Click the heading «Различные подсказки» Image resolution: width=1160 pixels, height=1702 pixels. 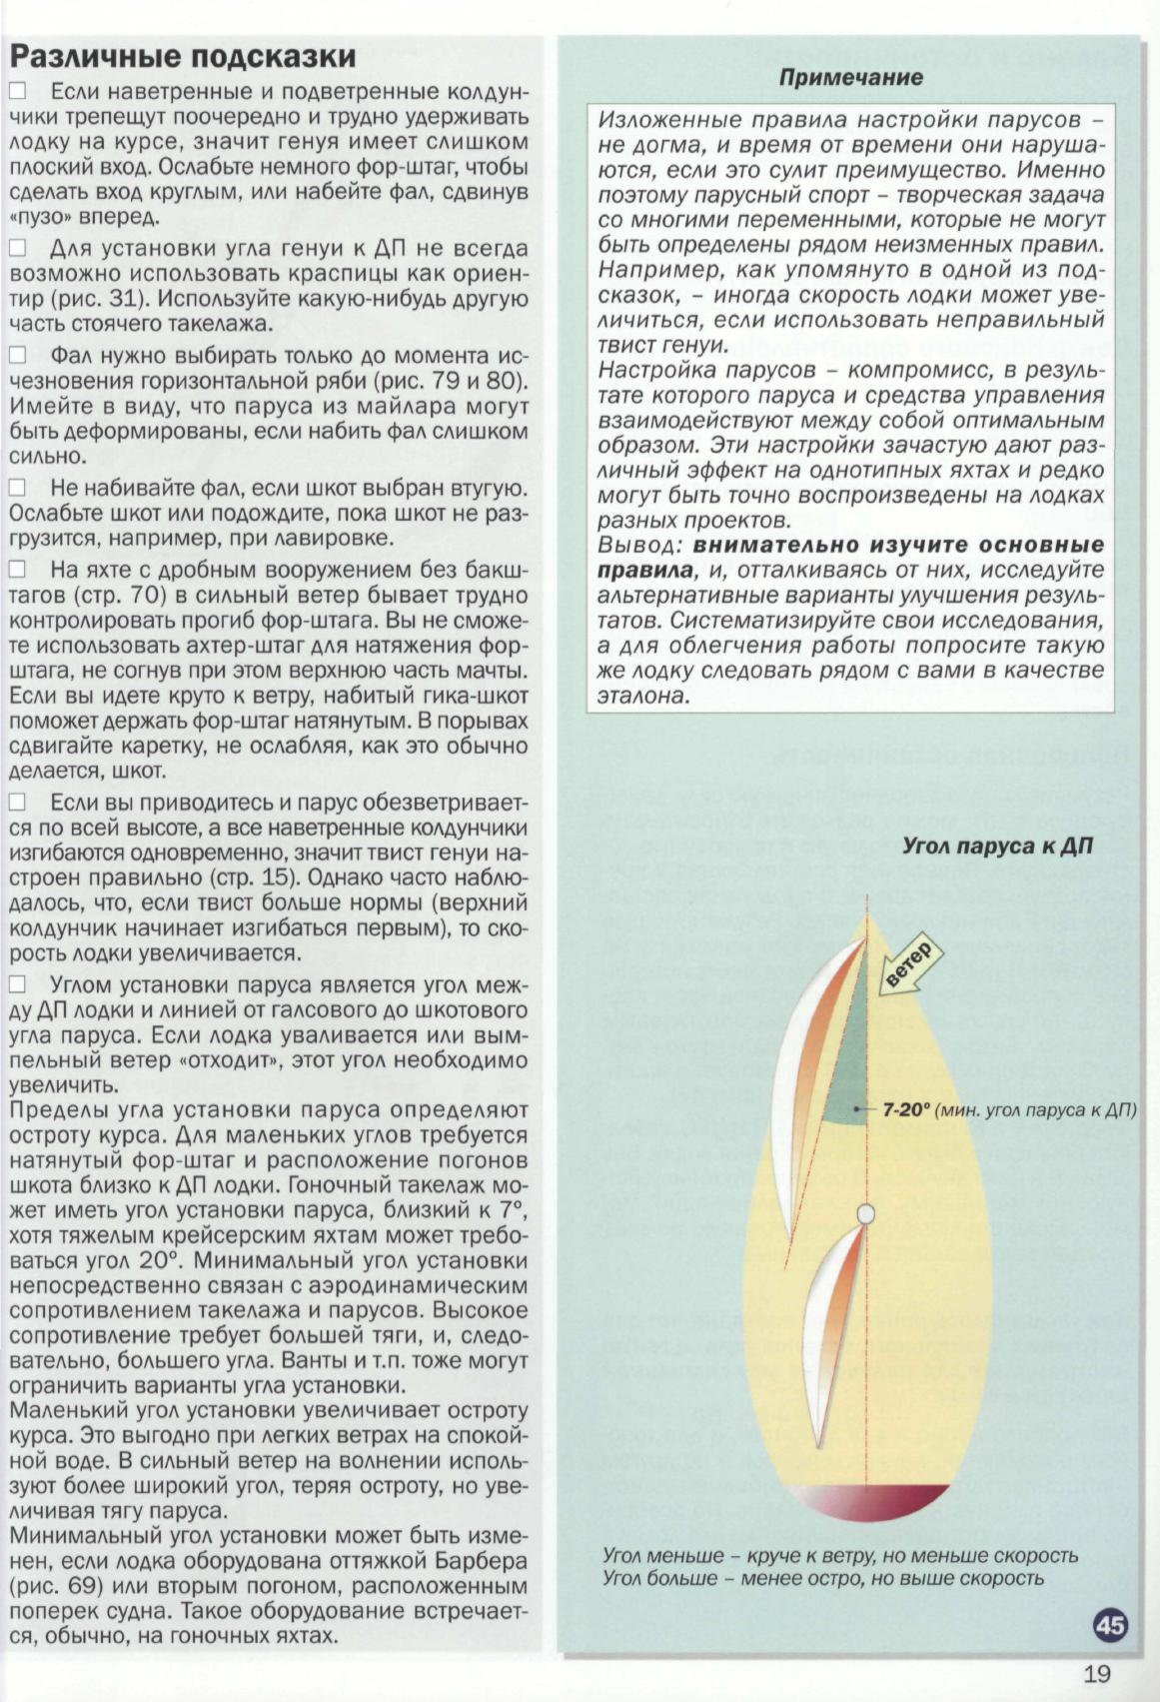point(183,55)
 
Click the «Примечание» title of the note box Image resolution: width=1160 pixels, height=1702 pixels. point(851,77)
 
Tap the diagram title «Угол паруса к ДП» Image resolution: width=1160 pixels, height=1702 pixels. point(997,847)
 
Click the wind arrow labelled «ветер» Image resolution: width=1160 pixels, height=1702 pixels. point(906,967)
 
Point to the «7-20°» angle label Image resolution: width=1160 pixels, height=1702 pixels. point(906,1109)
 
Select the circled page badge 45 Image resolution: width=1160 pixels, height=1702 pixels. point(1110,1626)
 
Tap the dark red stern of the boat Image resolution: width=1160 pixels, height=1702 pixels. point(865,1503)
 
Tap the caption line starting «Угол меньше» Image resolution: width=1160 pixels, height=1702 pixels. point(839,1556)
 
